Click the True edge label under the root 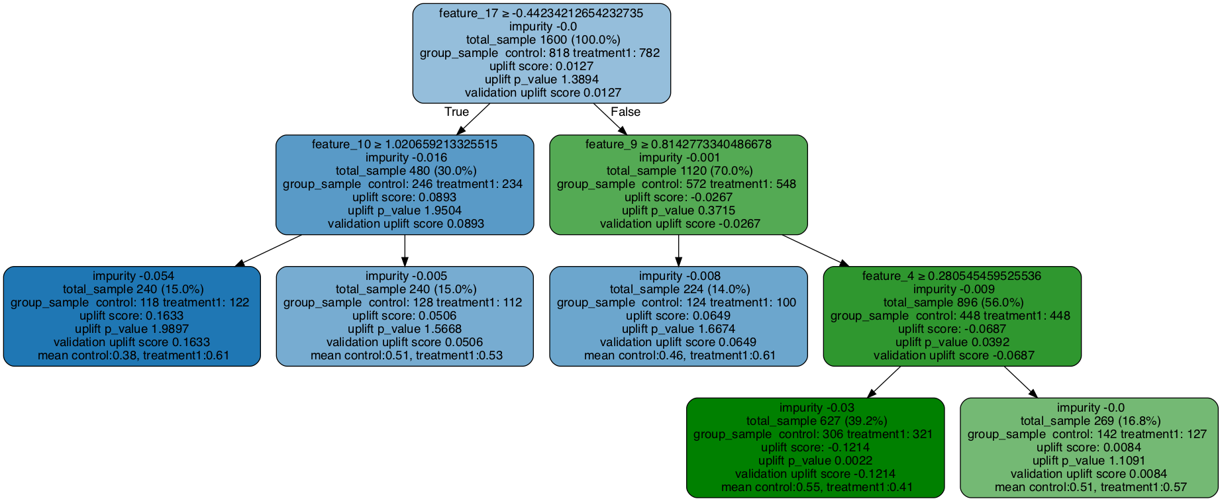click(456, 112)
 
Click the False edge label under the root click(625, 112)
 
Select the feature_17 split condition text click(541, 13)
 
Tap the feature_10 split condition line click(404, 144)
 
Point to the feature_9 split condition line click(678, 144)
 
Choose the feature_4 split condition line click(952, 276)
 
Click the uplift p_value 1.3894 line click(541, 79)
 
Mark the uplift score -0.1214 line click(815, 447)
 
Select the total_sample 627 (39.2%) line click(815, 421)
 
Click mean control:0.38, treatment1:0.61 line click(131, 355)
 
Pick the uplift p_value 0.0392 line click(952, 342)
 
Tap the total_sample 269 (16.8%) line click(1090, 421)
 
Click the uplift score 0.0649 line click(678, 316)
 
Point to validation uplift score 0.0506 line click(404, 342)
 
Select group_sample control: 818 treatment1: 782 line click(541, 53)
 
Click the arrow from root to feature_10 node click(473, 119)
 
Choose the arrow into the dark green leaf click(884, 382)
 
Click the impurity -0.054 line click(131, 276)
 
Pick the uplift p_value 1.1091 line click(1090, 461)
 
